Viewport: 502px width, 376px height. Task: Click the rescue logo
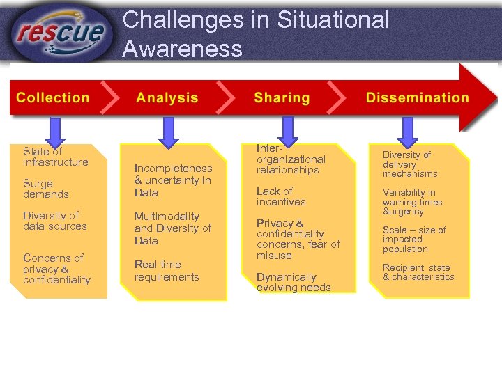pyautogui.click(x=61, y=32)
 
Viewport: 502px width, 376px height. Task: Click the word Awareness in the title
pyautogui.click(x=182, y=49)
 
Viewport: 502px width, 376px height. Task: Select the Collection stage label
pyautogui.click(x=53, y=98)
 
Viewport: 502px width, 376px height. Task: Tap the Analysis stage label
pyautogui.click(x=167, y=98)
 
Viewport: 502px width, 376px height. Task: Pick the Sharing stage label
pyautogui.click(x=282, y=98)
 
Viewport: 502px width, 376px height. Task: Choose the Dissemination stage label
pyautogui.click(x=417, y=98)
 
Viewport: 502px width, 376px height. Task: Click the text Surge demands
pyautogui.click(x=46, y=189)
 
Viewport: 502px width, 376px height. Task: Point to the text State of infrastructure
pyautogui.click(x=55, y=157)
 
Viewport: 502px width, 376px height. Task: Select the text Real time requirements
pyautogui.click(x=167, y=271)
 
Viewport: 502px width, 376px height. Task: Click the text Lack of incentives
pyautogui.click(x=281, y=196)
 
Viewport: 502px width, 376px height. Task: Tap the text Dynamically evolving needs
pyautogui.click(x=294, y=282)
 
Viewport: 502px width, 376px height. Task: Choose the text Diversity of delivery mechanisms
pyautogui.click(x=410, y=164)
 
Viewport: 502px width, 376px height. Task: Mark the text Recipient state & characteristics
pyautogui.click(x=418, y=272)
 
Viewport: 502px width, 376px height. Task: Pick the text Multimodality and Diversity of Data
pyautogui.click(x=172, y=228)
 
